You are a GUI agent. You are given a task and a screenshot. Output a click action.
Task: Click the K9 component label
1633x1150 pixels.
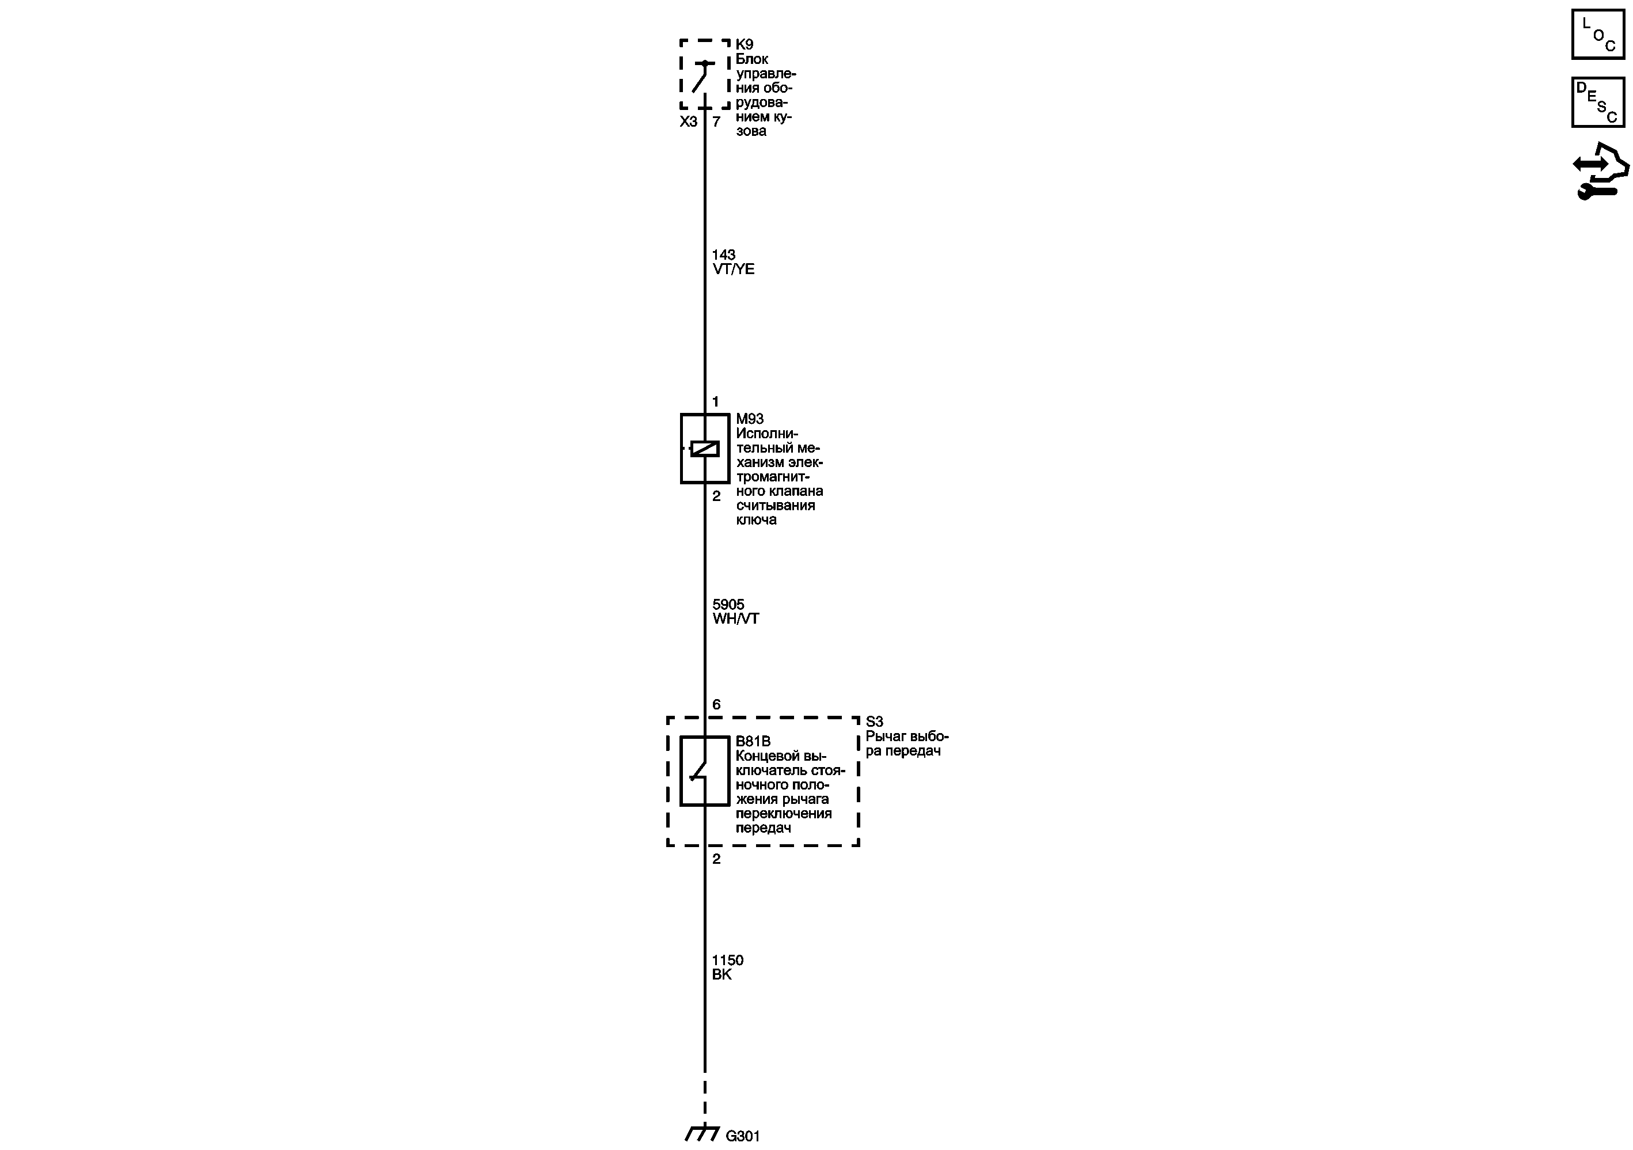[x=744, y=45]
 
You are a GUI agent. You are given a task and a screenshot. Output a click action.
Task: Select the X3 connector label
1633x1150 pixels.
[x=689, y=122]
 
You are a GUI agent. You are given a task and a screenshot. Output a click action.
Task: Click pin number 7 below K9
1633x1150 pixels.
[x=716, y=122]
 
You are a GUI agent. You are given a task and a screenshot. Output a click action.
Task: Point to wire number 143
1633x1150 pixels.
[x=723, y=255]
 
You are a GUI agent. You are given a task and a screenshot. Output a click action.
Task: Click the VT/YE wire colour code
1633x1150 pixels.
[x=733, y=269]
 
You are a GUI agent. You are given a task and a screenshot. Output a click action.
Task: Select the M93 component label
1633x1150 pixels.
[x=750, y=419]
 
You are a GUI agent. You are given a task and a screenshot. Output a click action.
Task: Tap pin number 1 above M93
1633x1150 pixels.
[x=716, y=402]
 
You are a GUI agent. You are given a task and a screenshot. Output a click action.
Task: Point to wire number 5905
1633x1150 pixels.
[x=728, y=605]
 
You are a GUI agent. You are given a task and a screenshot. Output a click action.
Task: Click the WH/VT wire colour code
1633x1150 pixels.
[x=735, y=618]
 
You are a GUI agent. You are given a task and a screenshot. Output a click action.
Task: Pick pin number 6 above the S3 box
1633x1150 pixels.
[x=716, y=705]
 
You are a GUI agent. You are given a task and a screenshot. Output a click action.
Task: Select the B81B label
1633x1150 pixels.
[x=753, y=742]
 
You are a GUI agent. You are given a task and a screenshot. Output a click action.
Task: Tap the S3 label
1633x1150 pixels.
[x=874, y=722]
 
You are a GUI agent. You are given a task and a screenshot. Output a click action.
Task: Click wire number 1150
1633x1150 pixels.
[x=728, y=960]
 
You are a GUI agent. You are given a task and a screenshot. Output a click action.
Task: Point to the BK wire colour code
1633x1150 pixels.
[x=722, y=974]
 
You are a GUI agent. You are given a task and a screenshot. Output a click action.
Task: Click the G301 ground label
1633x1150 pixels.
[x=743, y=1137]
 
